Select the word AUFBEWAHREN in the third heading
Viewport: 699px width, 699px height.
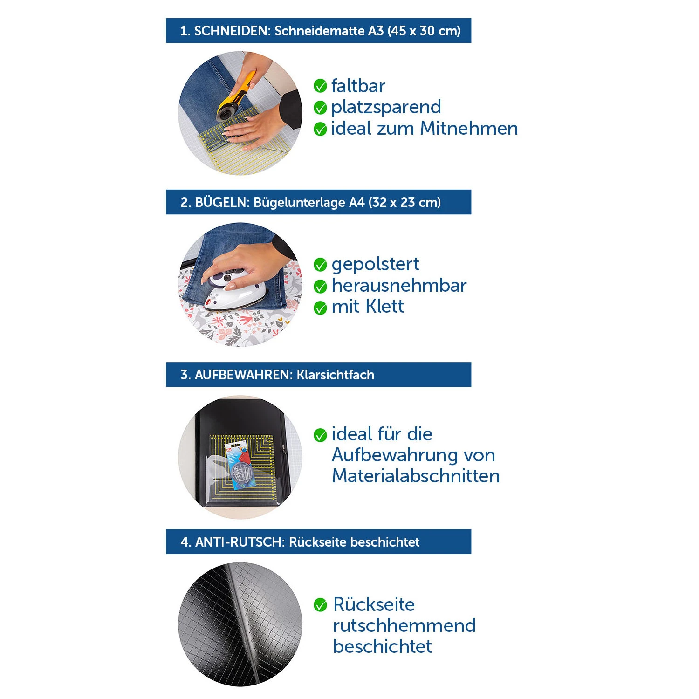pos(243,375)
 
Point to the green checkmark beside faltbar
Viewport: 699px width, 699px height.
pos(320,86)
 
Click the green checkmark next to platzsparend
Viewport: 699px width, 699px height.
pos(320,108)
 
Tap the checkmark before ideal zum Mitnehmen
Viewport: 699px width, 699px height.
pos(320,129)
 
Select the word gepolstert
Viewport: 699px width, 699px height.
pos(375,265)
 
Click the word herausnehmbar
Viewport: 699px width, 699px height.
pos(399,285)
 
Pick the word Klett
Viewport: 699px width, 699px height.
pos(384,306)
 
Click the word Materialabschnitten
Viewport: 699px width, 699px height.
pos(416,476)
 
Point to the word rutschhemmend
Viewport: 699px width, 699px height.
pos(404,625)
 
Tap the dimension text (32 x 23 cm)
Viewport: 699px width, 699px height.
pos(404,202)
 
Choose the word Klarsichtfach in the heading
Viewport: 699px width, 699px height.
pos(336,375)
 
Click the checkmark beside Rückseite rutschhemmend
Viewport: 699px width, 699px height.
pos(320,605)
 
